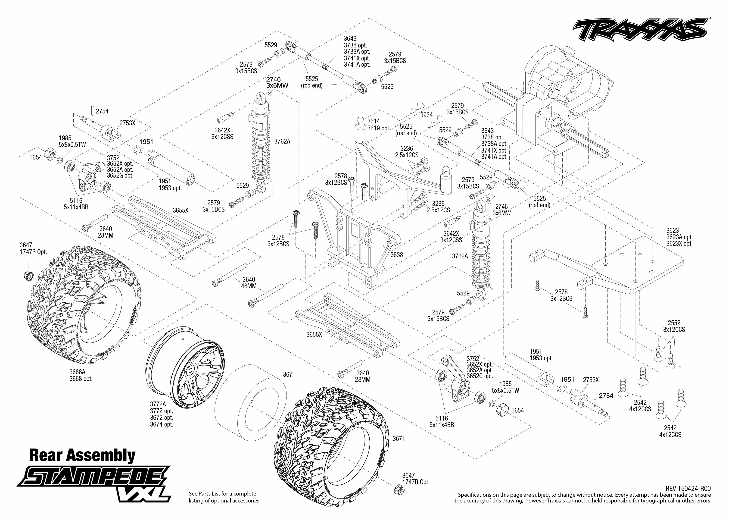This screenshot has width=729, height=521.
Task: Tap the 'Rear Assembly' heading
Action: point(82,455)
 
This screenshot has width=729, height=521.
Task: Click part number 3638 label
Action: point(397,255)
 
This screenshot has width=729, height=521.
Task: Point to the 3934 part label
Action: point(426,115)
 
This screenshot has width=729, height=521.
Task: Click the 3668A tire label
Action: point(77,372)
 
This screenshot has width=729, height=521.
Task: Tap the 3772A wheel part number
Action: point(158,404)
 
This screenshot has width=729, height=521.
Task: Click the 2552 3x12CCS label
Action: point(674,326)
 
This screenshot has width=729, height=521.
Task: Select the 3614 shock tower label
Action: point(374,121)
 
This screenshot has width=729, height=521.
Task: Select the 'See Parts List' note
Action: point(224,497)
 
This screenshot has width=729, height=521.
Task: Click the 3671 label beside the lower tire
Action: point(399,439)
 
